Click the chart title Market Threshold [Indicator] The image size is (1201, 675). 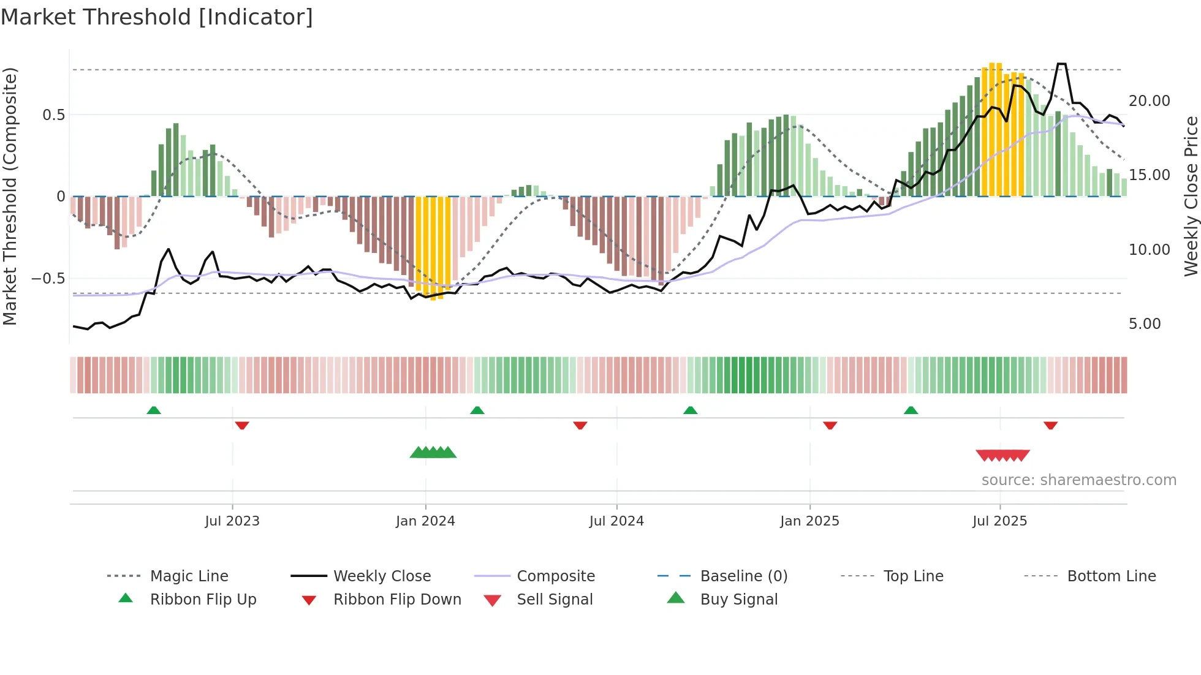coord(157,17)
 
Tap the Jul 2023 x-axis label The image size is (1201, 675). coord(232,521)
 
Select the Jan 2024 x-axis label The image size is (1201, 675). coord(425,521)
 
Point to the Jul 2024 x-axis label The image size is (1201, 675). coord(616,521)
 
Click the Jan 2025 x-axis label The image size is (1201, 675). coord(809,521)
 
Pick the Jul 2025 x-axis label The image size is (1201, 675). coord(999,521)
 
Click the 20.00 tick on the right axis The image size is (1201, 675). coord(1149,101)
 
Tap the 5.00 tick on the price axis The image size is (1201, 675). coord(1145,324)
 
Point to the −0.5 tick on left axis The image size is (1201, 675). coord(48,279)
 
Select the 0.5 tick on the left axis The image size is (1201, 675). coord(53,115)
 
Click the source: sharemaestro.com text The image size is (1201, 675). coord(1078,480)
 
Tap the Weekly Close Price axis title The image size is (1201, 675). coord(1191,196)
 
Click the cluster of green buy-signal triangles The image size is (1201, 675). coord(433,453)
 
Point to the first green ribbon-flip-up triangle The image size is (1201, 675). coord(154,410)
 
